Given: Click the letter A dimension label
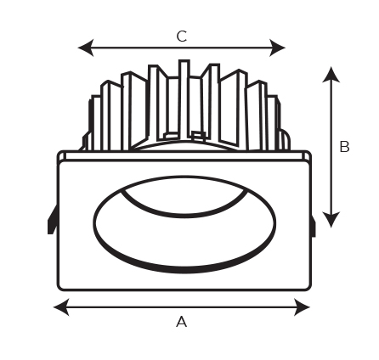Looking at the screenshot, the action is (x=181, y=322).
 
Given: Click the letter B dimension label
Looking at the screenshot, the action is (x=344, y=147).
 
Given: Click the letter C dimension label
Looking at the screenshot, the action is (x=182, y=37).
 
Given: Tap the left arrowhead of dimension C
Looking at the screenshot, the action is (x=86, y=48).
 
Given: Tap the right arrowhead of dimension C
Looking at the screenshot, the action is (x=277, y=48).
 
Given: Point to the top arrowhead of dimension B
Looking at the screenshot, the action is (x=331, y=75).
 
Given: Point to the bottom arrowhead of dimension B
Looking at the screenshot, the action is (x=331, y=220).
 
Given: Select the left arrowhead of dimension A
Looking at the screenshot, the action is (x=61, y=307).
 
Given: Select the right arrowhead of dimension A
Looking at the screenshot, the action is (x=303, y=307).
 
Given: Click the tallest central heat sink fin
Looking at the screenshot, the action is (x=184, y=99).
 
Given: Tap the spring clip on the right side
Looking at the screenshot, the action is (x=313, y=225).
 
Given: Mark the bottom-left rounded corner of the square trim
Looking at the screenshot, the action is (x=60, y=288).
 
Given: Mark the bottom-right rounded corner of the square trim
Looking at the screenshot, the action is (x=308, y=288).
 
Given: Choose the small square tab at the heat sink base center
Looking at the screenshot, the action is (x=198, y=135).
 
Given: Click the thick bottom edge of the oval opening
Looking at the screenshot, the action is (x=184, y=269).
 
